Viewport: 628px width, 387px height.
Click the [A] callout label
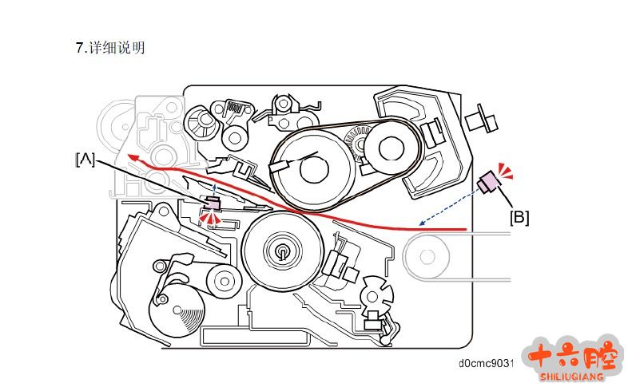click(x=85, y=160)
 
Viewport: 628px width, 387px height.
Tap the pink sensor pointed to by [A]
click(x=212, y=204)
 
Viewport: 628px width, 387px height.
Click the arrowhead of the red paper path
click(x=133, y=157)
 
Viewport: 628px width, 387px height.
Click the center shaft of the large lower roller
click(x=282, y=251)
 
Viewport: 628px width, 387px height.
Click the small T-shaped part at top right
click(x=482, y=119)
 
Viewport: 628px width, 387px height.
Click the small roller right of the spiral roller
click(x=225, y=280)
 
